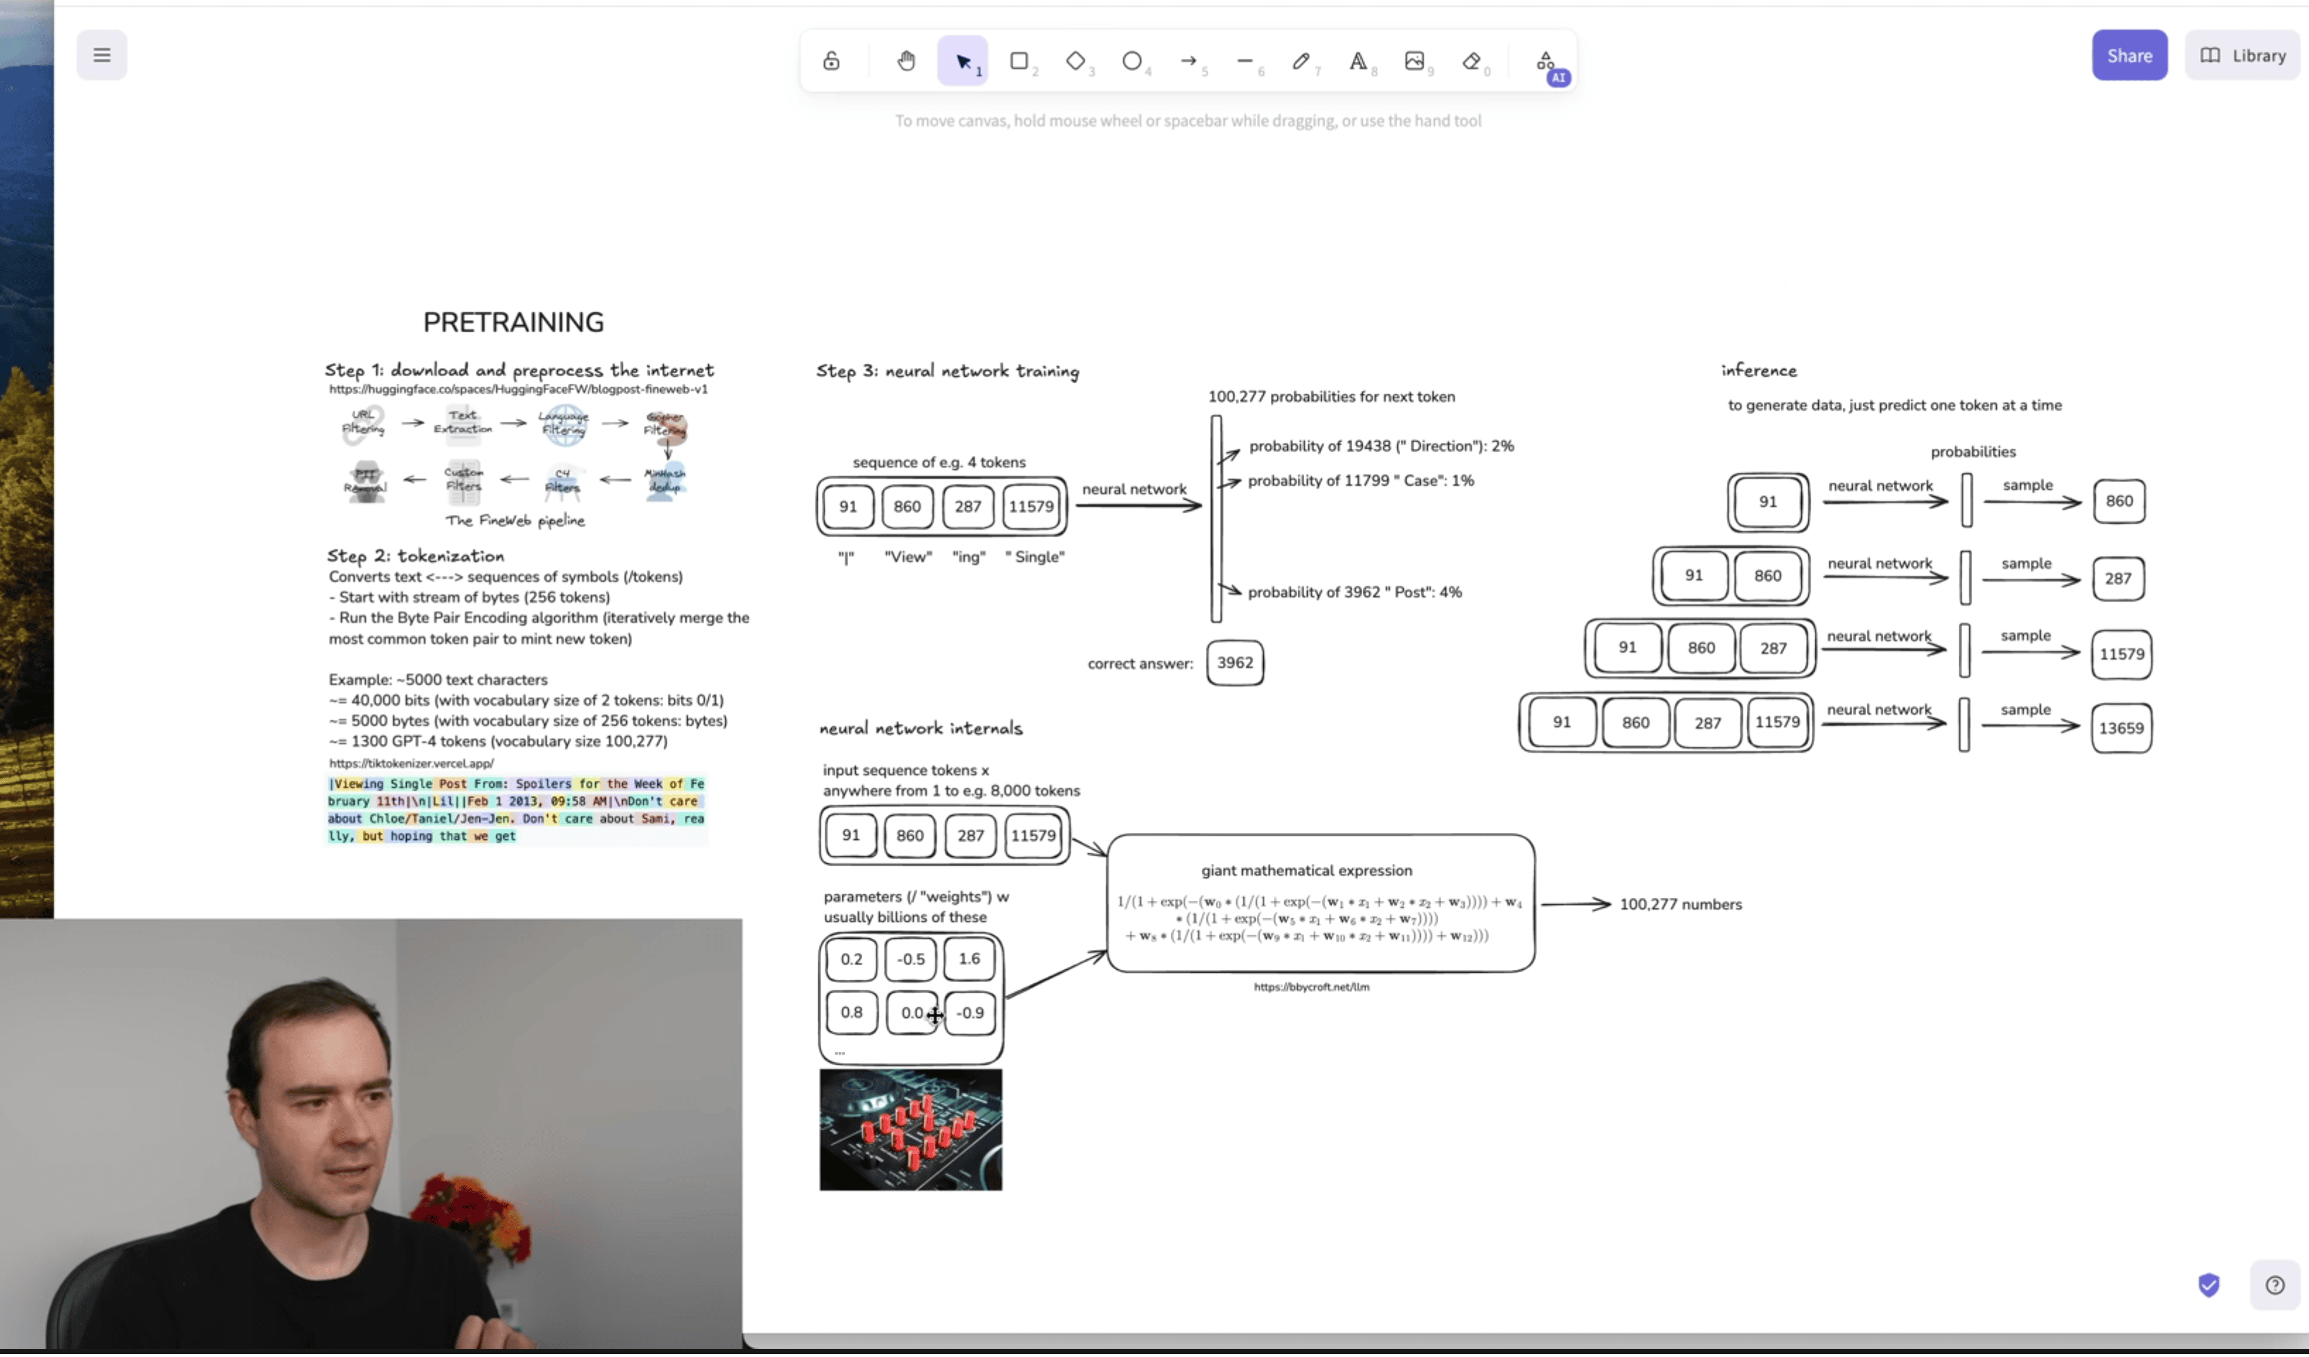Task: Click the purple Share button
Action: pos(2128,56)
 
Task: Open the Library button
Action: pos(2242,56)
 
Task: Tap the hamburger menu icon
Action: pos(102,55)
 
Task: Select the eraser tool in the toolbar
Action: pos(1470,61)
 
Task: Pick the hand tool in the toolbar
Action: pos(905,61)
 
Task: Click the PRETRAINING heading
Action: pos(513,322)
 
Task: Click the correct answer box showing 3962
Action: pos(1234,663)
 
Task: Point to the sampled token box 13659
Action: pos(2120,728)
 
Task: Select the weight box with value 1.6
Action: pos(969,959)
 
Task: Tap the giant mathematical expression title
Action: pos(1305,870)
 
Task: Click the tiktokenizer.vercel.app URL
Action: pos(411,763)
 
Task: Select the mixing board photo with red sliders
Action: pos(910,1131)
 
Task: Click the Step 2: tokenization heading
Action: pos(415,556)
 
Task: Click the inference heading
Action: pos(1758,371)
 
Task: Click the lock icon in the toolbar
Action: pos(831,61)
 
